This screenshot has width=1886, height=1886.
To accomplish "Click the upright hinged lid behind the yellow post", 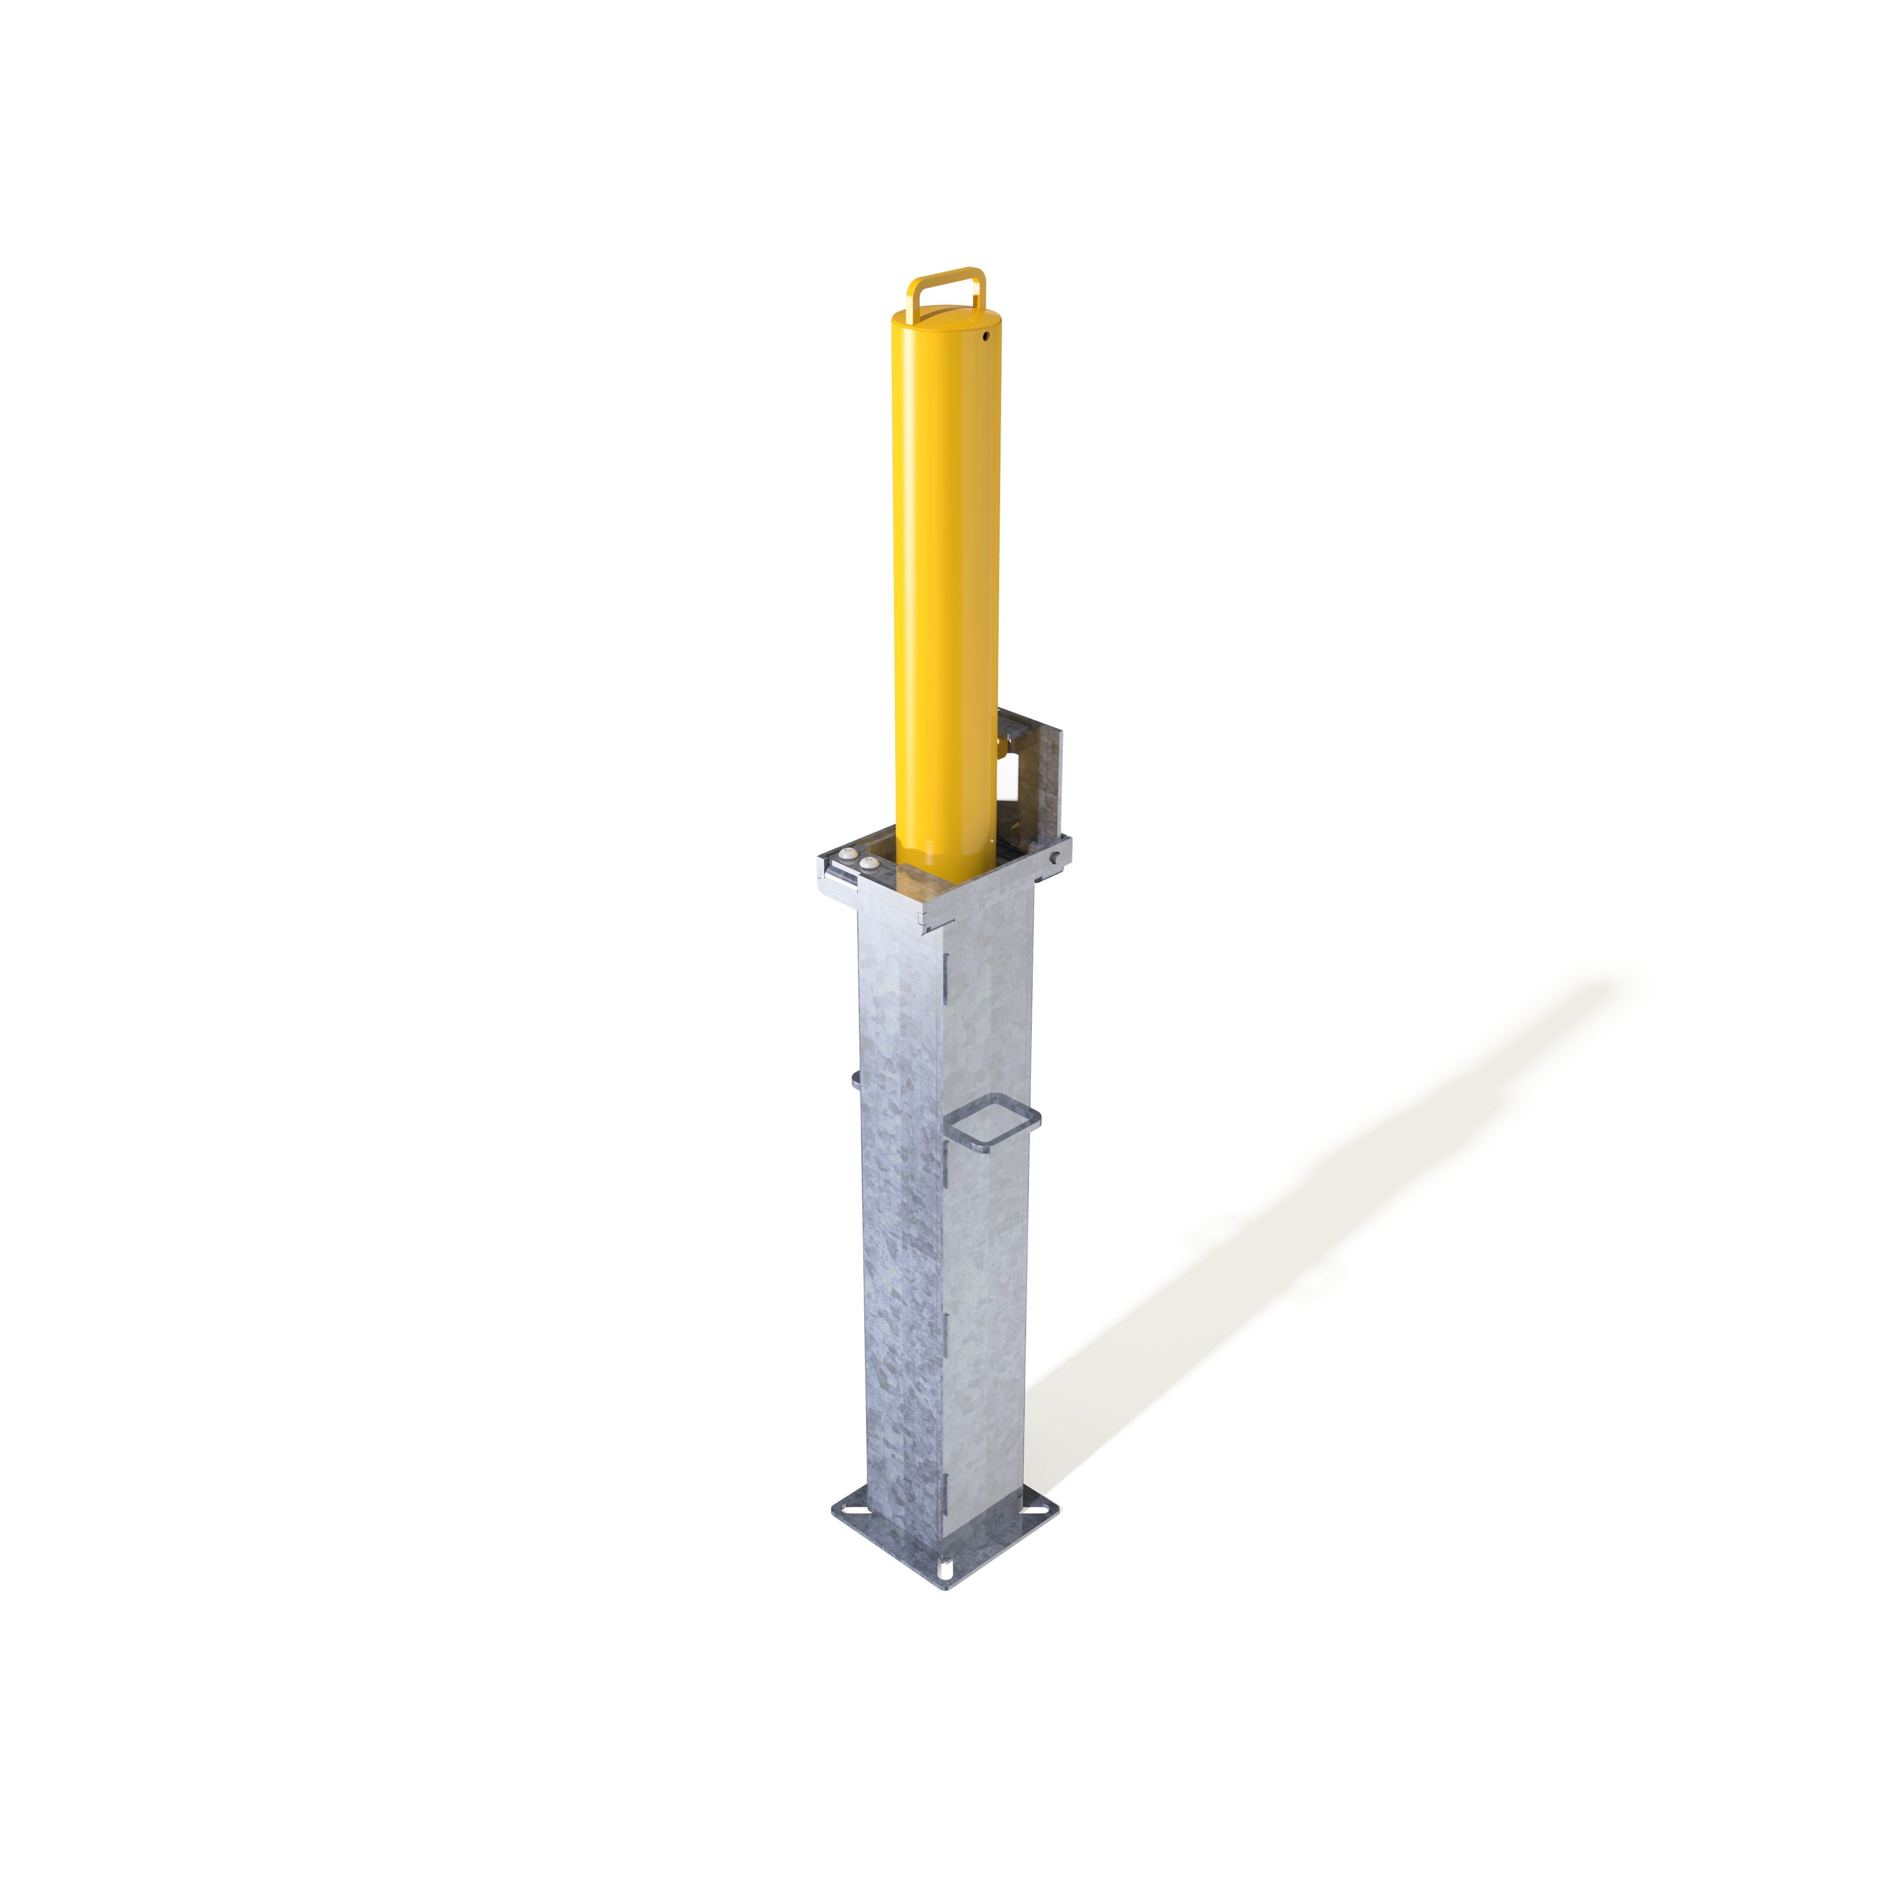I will [x=1044, y=781].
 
